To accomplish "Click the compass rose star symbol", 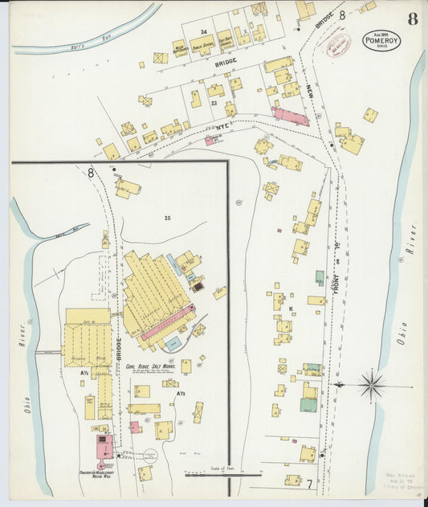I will (x=372, y=385).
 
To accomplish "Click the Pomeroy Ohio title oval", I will (x=381, y=40).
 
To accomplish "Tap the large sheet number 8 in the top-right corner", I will (x=412, y=18).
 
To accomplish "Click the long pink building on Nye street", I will (x=291, y=117).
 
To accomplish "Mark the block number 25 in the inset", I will (x=167, y=218).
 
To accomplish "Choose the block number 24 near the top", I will (x=204, y=32).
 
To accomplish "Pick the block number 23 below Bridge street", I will (x=214, y=103).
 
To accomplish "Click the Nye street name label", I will (x=222, y=126).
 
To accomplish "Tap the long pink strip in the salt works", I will (x=168, y=322).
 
